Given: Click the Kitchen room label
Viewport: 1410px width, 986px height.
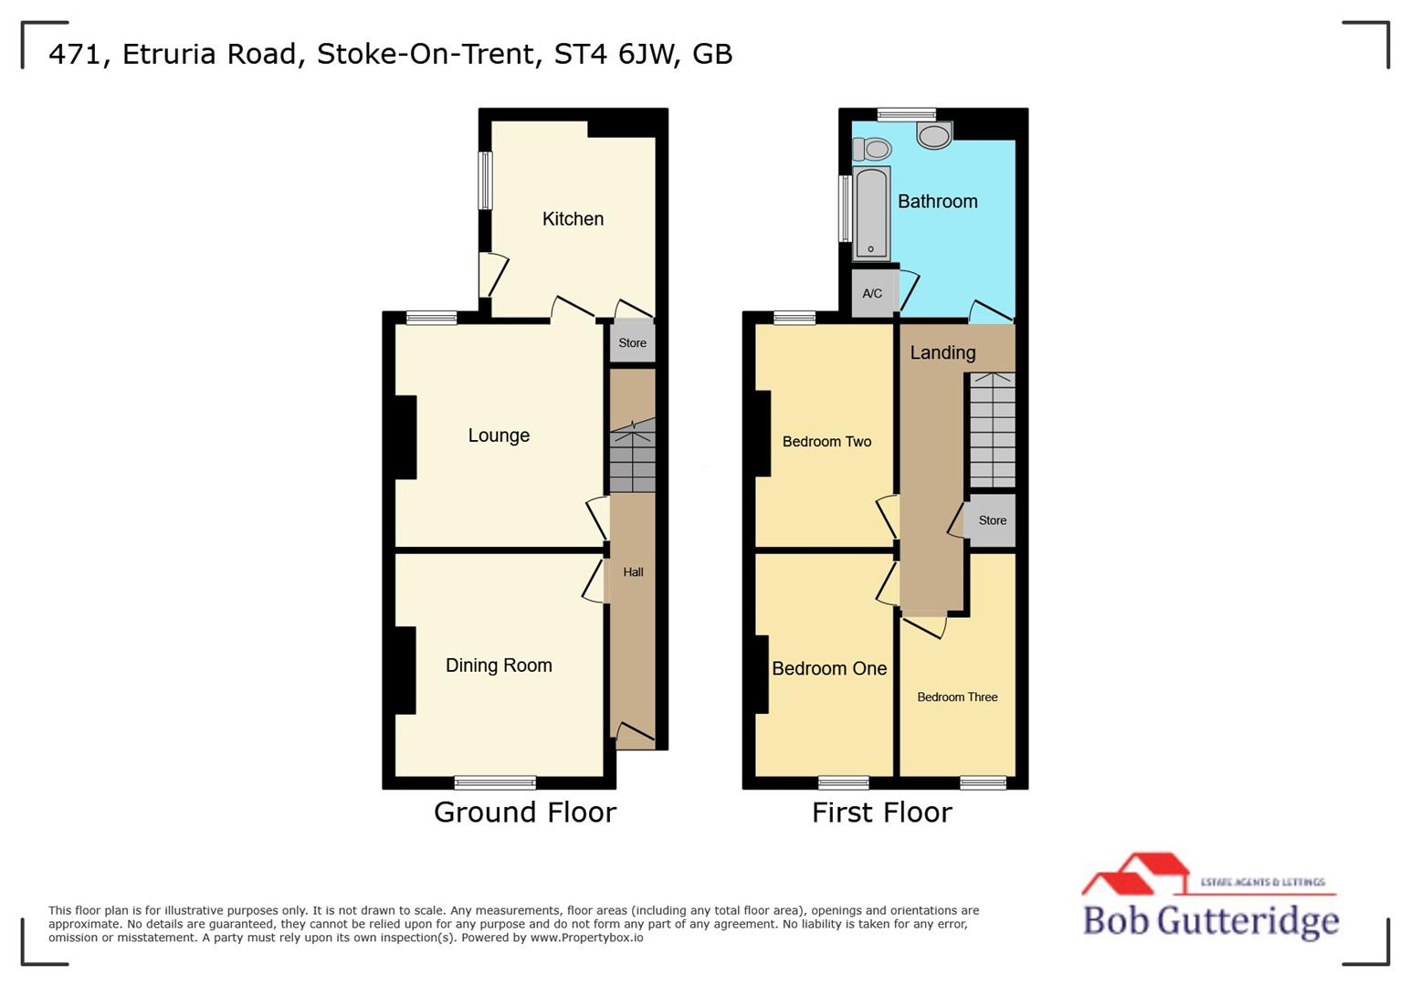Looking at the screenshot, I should [573, 219].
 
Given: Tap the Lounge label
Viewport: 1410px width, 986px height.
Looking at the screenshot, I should [499, 435].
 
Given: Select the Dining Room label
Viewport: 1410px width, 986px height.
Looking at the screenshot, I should [499, 666].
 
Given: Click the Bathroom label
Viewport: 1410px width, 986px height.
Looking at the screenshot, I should [937, 202].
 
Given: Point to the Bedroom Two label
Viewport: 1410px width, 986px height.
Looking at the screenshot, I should [826, 442].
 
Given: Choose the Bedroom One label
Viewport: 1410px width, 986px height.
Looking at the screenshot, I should [829, 668].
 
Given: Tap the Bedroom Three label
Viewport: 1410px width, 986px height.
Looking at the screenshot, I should [957, 698].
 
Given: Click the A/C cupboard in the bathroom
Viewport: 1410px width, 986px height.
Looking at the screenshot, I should [872, 293].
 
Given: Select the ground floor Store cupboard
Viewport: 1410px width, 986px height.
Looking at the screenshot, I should [632, 343].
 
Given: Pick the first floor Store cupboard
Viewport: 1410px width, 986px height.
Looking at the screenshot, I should [992, 520].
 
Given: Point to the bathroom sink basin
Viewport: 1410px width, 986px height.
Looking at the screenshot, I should [934, 136].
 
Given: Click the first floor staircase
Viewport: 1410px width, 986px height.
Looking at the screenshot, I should [992, 429].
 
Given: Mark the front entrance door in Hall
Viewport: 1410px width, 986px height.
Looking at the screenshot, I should [635, 736].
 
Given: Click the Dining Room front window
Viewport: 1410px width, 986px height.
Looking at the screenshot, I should [495, 781].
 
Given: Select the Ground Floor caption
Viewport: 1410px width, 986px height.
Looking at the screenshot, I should [525, 812].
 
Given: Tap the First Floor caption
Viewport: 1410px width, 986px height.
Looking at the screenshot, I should [881, 812].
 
